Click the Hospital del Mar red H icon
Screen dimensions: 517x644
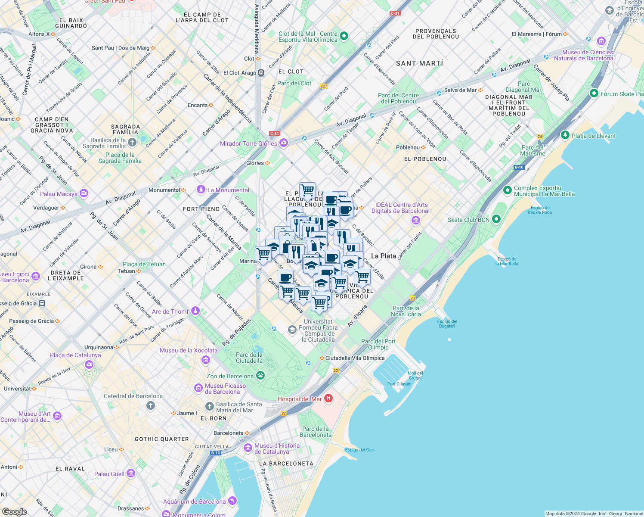tap(328, 398)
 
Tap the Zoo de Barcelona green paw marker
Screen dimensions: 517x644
tap(260, 376)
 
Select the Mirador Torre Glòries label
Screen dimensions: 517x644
tap(248, 143)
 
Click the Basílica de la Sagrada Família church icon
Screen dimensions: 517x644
tap(132, 142)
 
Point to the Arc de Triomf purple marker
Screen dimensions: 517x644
tap(196, 311)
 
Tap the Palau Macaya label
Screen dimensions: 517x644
tap(59, 194)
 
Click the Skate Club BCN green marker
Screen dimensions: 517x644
tap(496, 219)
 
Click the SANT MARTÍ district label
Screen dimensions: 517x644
tap(419, 63)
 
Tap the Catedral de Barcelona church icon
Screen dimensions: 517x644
tap(150, 405)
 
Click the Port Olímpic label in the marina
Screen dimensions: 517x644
tap(399, 384)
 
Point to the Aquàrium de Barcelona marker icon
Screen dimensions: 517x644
tap(232, 501)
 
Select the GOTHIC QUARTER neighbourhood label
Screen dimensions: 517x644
tap(162, 439)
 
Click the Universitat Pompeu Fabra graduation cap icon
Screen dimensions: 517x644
tap(292, 330)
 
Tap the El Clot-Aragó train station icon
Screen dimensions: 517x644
tap(261, 73)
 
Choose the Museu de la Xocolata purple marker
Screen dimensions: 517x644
tap(206, 360)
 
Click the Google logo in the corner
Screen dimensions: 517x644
tap(14, 511)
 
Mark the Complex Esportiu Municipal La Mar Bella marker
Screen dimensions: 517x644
tap(508, 190)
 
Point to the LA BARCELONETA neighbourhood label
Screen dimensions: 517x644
tap(286, 464)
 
